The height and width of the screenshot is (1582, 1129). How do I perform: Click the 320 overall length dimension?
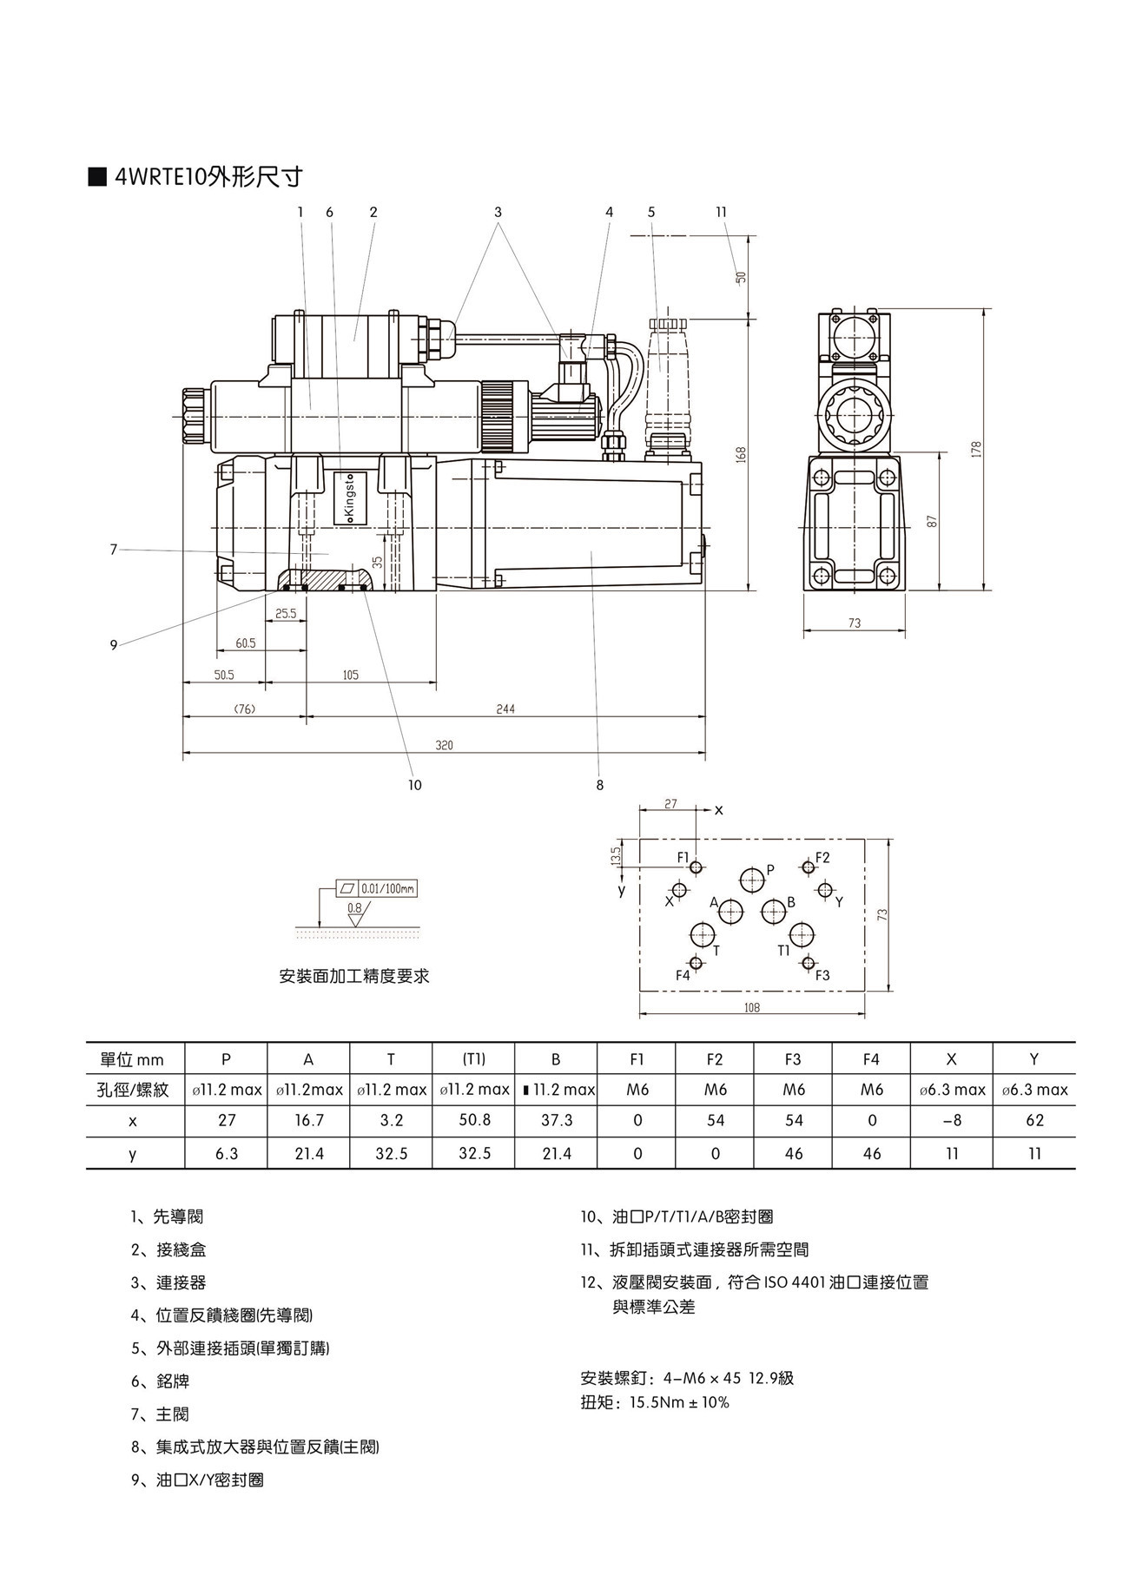(444, 745)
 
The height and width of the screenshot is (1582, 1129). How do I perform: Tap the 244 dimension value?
(505, 709)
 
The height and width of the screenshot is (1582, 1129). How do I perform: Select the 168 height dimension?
(742, 454)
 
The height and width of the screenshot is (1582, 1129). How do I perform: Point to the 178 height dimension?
(976, 449)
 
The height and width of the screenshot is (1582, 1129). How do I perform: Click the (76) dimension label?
(245, 709)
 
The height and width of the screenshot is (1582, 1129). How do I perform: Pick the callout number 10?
(414, 785)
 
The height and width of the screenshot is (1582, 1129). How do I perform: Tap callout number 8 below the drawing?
(599, 785)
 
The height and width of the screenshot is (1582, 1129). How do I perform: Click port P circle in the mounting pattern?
(752, 880)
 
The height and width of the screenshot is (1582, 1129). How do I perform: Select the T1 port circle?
(802, 935)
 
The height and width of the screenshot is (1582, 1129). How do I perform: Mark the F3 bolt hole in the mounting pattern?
(809, 962)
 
